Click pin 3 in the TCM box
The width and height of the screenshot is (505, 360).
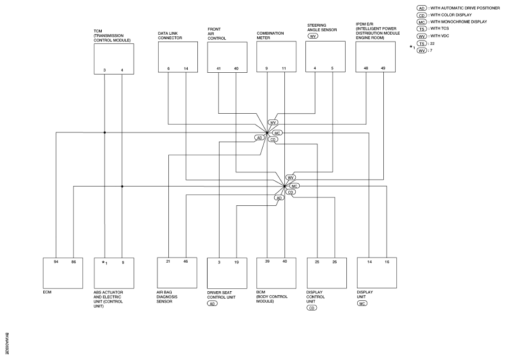point(104,70)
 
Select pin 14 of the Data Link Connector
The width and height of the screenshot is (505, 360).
point(186,69)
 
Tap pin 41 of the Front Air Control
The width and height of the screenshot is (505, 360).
point(219,69)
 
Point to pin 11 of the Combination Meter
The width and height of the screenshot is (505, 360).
point(284,69)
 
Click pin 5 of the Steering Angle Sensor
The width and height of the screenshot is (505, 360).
point(332,68)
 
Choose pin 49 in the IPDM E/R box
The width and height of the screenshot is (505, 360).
point(383,68)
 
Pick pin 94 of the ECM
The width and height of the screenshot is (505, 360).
point(56,262)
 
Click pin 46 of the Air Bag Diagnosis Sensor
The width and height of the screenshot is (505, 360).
point(185,262)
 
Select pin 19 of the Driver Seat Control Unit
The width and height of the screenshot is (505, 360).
point(237,262)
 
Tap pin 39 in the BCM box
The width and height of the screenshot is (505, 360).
point(267,262)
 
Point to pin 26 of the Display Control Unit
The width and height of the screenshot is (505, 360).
point(334,262)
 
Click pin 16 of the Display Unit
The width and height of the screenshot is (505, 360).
point(387,262)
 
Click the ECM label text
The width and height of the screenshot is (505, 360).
point(47,292)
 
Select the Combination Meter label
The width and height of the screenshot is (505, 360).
point(270,35)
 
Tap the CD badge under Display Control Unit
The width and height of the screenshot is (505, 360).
point(312,308)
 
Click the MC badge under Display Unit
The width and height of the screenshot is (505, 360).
point(362,303)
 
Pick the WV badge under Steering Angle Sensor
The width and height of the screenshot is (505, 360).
point(312,36)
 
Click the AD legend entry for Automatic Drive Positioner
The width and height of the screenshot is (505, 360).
point(458,8)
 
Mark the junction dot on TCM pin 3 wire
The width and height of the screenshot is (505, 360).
point(105,133)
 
